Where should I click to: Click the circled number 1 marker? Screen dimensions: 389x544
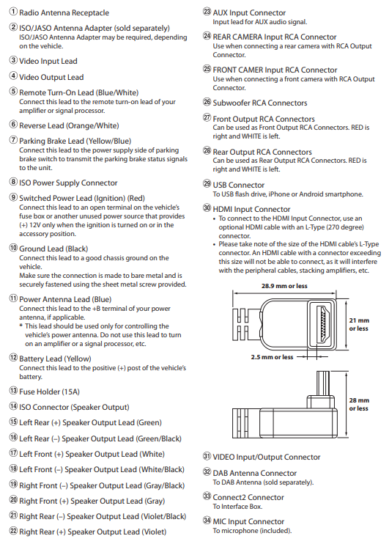tap(13, 12)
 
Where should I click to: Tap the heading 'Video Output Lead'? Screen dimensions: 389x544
tap(51, 77)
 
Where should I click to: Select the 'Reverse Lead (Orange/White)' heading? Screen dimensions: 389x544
tap(69, 125)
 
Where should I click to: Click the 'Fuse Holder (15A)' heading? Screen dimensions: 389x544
tap(49, 392)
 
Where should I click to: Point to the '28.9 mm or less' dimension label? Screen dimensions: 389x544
tap(284, 286)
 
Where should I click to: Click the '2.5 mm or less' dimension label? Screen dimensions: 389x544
tap(273, 357)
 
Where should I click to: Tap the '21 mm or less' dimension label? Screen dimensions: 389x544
tap(359, 324)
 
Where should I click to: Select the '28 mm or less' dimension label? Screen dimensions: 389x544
tap(359, 404)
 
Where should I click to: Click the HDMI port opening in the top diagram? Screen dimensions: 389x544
tap(323, 324)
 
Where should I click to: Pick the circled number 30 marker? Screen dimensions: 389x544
tap(207, 207)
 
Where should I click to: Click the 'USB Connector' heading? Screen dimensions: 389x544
tap(239, 185)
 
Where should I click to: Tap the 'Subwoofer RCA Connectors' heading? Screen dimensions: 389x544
tap(260, 103)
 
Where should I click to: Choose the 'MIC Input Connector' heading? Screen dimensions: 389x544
tap(248, 521)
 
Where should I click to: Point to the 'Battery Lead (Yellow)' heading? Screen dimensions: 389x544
tap(55, 359)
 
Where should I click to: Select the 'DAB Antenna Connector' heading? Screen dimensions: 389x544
tap(255, 473)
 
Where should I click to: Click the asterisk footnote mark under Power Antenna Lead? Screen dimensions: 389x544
tap(21, 326)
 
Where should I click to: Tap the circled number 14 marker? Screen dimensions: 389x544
tap(13, 406)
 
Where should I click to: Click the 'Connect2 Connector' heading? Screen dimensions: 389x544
tap(248, 497)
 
